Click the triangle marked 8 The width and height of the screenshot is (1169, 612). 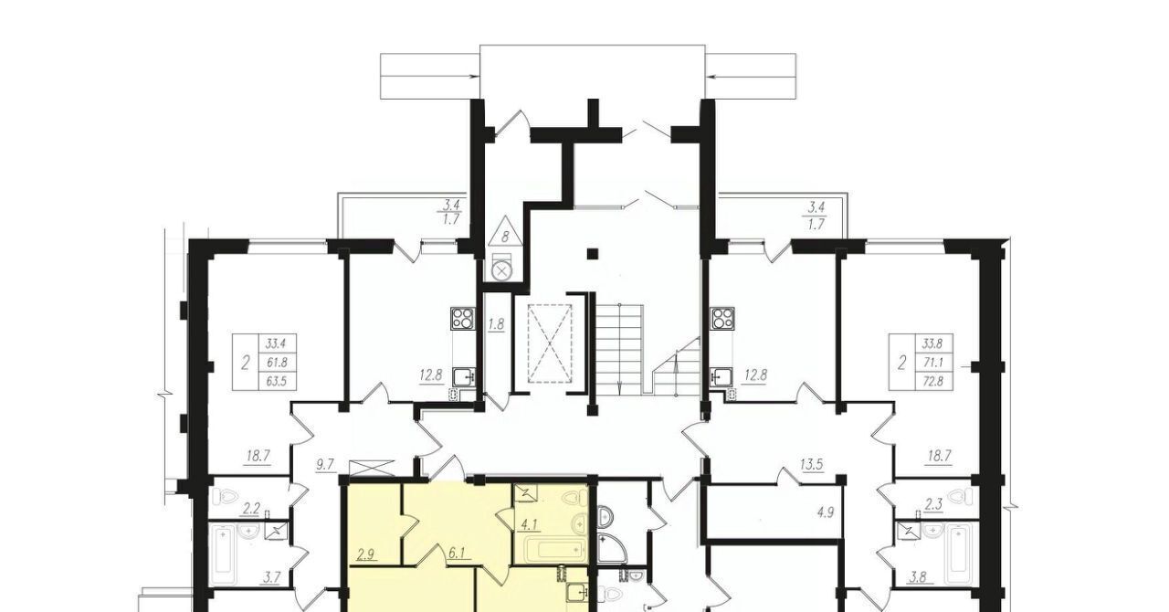pyautogui.click(x=505, y=231)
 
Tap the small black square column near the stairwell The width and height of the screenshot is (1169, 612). pyautogui.click(x=593, y=254)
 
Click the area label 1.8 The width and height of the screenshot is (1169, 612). pyautogui.click(x=496, y=324)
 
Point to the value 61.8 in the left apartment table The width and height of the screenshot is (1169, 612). pyautogui.click(x=277, y=363)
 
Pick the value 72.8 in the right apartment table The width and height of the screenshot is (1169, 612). pyautogui.click(x=933, y=381)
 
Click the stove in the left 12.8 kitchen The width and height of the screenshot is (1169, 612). pyautogui.click(x=463, y=319)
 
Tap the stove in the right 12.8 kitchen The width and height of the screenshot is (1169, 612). pyautogui.click(x=722, y=319)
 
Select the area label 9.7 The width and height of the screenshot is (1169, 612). pyautogui.click(x=324, y=464)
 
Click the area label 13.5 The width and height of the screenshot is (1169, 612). pyautogui.click(x=812, y=464)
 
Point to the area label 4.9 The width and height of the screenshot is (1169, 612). pyautogui.click(x=825, y=512)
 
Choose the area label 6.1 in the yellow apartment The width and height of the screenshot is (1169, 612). pyautogui.click(x=456, y=553)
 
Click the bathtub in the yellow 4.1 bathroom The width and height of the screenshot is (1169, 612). pyautogui.click(x=553, y=551)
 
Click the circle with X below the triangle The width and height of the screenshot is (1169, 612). pyautogui.click(x=502, y=270)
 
